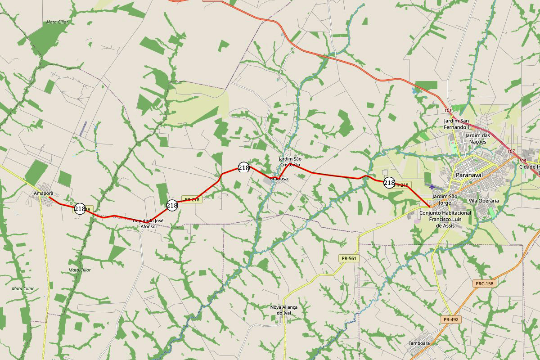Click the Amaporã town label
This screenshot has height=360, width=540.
40,193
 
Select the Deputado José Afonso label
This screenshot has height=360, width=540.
148,224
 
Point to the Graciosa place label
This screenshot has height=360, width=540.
278,179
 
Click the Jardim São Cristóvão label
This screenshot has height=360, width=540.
290,162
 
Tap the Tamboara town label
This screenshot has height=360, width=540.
419,343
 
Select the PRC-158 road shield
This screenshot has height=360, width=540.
484,283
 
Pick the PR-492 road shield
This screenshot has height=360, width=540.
451,319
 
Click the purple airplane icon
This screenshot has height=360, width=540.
432,186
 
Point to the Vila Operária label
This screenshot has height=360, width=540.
483,201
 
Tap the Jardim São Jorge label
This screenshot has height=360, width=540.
445,199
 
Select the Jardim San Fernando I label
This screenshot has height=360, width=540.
456,124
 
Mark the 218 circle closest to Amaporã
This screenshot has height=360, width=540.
80,209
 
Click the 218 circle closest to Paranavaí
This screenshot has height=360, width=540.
389,183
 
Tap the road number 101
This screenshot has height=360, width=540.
447,110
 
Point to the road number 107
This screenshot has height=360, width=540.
511,151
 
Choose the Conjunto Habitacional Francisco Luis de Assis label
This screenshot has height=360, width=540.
445,219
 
